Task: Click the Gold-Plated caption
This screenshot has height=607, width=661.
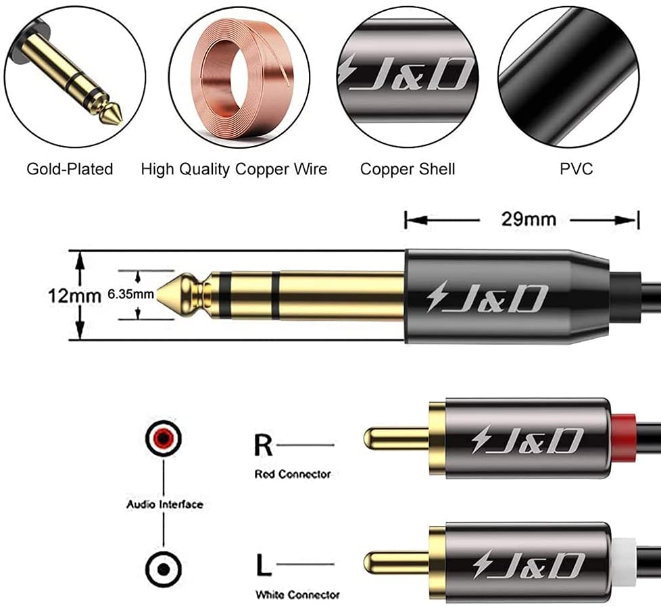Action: click(x=70, y=168)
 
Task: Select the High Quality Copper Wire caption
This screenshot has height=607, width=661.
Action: click(x=234, y=168)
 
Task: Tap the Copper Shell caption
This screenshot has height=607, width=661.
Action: click(x=408, y=168)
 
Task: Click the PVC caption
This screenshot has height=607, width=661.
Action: click(x=576, y=168)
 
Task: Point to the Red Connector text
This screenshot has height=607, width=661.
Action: click(x=293, y=474)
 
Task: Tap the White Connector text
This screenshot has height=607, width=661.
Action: click(x=297, y=595)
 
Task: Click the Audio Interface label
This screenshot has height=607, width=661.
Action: click(x=164, y=504)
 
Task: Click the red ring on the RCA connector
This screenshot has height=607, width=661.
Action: click(x=626, y=438)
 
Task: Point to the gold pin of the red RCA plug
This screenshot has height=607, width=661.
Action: click(x=395, y=438)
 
